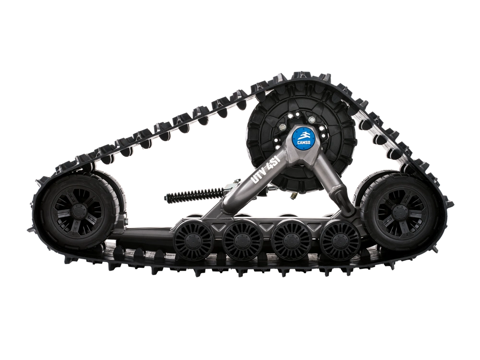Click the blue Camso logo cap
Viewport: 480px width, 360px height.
click(303, 138)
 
